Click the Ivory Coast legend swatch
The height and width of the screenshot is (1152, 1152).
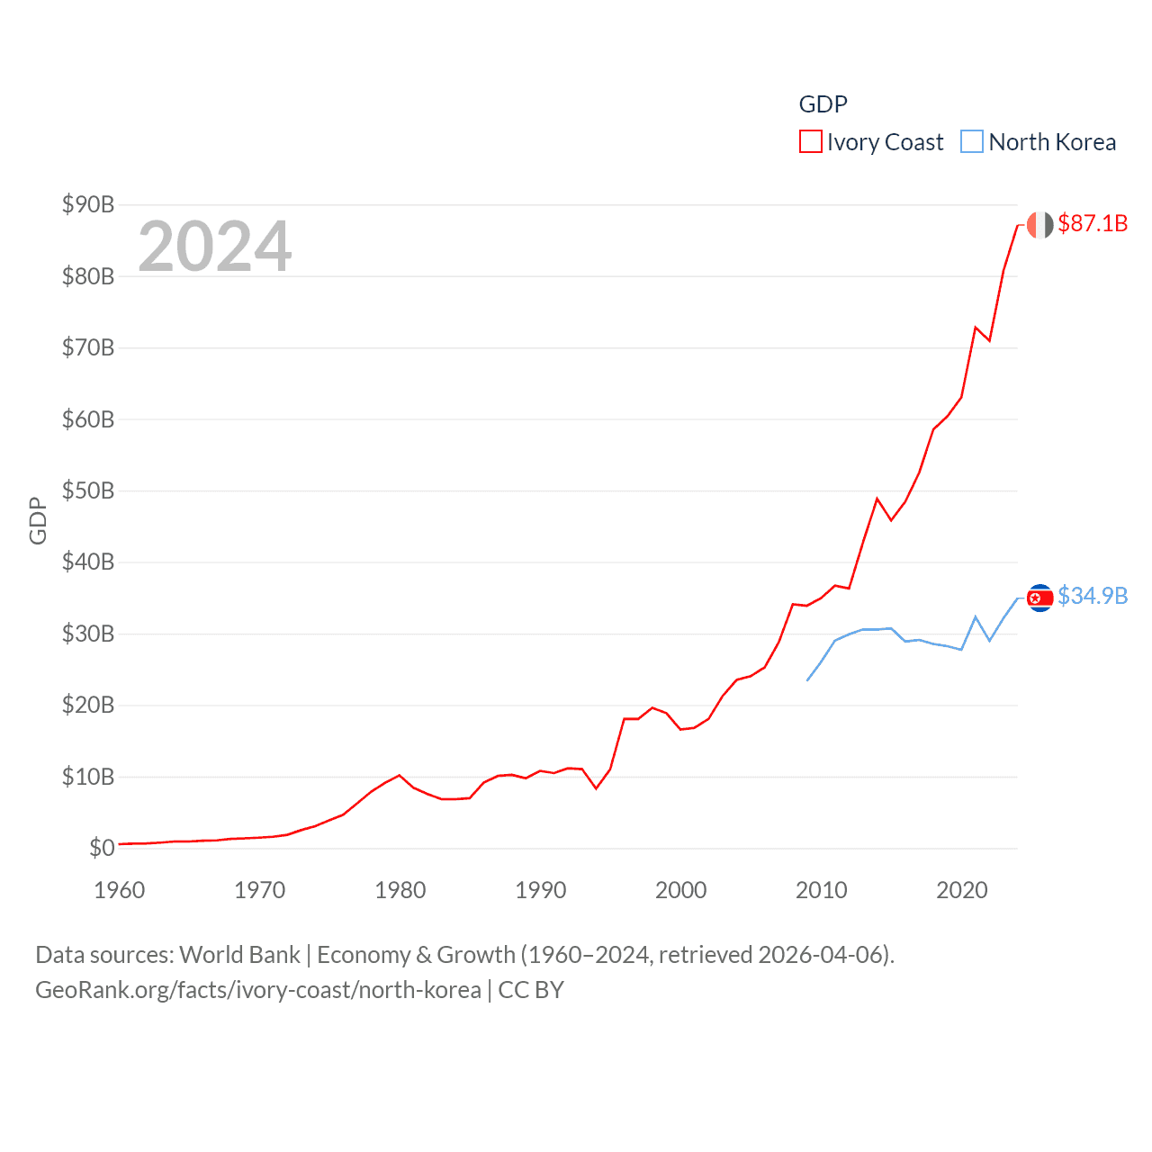coord(810,142)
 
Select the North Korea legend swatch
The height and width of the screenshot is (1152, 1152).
coord(972,142)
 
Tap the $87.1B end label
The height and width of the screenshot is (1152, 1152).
coord(1093,223)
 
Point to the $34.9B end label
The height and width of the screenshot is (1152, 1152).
coord(1093,596)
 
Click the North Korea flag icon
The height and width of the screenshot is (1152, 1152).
coord(1039,598)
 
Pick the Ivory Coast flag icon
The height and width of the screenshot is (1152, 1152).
coord(1039,225)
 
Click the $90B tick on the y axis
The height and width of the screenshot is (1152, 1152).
coord(87,204)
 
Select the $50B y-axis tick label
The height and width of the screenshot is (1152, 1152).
coord(87,490)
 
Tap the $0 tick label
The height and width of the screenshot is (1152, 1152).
coord(102,848)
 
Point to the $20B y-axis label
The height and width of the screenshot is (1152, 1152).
coord(87,705)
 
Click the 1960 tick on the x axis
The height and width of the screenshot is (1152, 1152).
coord(120,890)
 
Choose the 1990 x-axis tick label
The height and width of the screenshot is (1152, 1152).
coord(541,890)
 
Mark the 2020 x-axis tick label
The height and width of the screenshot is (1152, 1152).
coord(962,890)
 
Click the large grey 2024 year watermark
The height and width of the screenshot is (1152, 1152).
coord(214,247)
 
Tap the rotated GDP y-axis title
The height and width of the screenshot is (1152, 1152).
coord(38,520)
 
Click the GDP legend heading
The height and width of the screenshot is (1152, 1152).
coord(823,104)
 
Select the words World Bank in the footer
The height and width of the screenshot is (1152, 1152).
coord(239,955)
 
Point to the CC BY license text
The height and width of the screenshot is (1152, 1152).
coord(531,990)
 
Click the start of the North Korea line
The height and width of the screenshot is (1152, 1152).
coord(807,680)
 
